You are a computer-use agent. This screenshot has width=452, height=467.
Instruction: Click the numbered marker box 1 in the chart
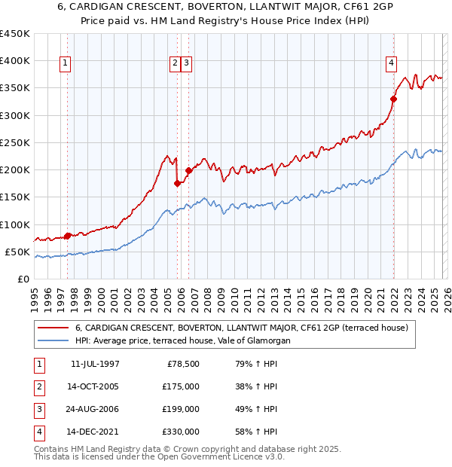coord(66,64)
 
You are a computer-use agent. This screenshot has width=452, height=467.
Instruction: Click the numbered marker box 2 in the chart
coord(175,64)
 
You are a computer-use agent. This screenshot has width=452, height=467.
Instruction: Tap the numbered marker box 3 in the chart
coord(186,64)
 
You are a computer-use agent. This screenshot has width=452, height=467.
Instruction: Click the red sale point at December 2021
coord(393,98)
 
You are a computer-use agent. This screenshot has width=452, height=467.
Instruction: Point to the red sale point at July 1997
coord(68,236)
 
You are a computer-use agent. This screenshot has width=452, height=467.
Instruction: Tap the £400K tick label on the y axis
coord(15,61)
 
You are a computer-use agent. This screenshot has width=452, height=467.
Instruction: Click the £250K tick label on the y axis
coord(15,142)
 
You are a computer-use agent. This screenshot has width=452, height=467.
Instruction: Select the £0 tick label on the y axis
coord(23,279)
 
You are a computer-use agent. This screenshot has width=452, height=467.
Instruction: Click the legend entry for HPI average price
coord(182,341)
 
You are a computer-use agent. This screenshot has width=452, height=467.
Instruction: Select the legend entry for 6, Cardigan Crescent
coord(241,328)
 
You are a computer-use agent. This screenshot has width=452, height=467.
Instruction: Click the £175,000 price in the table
coord(182,386)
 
